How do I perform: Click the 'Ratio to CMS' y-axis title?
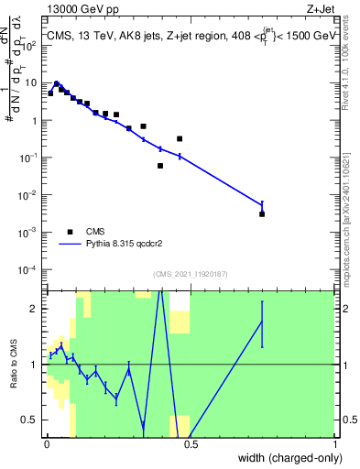(x=12, y=365)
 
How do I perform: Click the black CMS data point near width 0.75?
(x=262, y=213)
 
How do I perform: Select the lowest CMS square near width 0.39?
(x=160, y=166)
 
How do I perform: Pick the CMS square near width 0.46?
(x=180, y=138)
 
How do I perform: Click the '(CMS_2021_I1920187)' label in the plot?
(x=190, y=274)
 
